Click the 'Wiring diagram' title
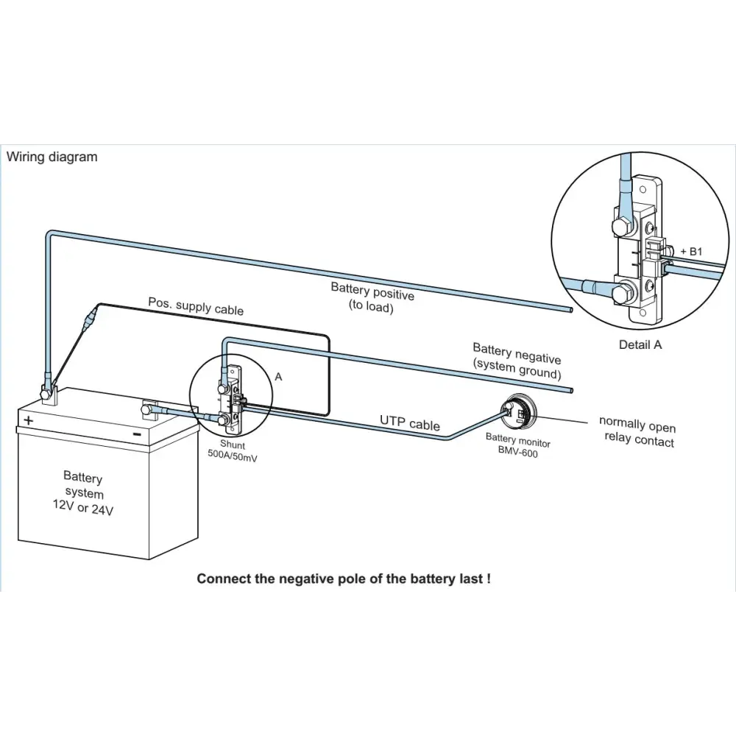click(x=52, y=157)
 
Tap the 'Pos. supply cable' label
click(x=196, y=305)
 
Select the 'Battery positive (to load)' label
click(x=372, y=297)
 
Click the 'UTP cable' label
click(x=410, y=422)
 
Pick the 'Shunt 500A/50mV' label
click(x=233, y=451)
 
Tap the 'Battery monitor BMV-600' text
click(x=517, y=446)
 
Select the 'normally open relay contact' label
click(x=637, y=432)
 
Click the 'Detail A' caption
click(x=640, y=344)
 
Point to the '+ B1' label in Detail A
click(x=691, y=251)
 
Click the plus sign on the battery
click(x=29, y=420)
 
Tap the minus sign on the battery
click(x=136, y=434)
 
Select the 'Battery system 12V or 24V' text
click(x=83, y=494)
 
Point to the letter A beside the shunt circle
click(x=278, y=376)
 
